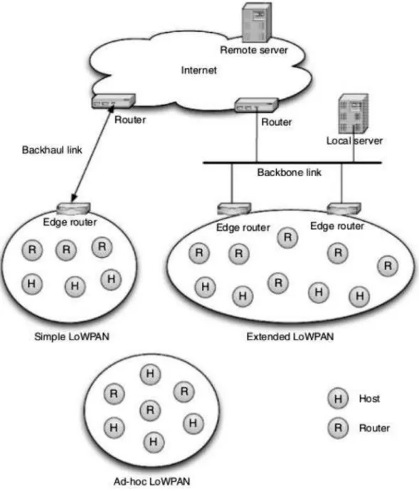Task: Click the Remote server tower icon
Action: [x=257, y=22]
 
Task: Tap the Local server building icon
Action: [x=353, y=114]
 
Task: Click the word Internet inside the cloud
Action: [x=198, y=70]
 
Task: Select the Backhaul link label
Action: [x=52, y=150]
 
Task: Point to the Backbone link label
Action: [x=290, y=173]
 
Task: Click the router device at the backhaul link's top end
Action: [x=113, y=101]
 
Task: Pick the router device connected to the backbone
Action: [x=257, y=105]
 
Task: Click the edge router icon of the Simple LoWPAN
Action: [x=73, y=208]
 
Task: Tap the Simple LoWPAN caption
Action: [x=72, y=337]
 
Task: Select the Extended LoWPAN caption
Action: [x=290, y=337]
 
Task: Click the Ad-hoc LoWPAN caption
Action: [x=152, y=481]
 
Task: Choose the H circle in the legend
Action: [x=338, y=399]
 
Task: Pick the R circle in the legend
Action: [x=338, y=428]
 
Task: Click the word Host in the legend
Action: [x=369, y=399]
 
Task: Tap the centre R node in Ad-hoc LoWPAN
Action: [x=150, y=410]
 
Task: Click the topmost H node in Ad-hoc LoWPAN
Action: [x=150, y=374]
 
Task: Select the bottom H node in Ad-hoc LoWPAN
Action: [x=153, y=442]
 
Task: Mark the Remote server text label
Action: [x=254, y=50]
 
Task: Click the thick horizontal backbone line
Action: [x=292, y=163]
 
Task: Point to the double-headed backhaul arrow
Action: [x=92, y=153]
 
